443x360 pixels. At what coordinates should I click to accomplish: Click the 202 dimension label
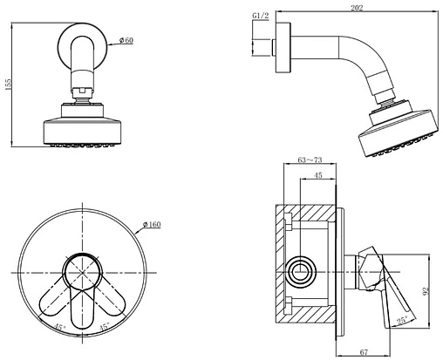pyautogui.click(x=357, y=8)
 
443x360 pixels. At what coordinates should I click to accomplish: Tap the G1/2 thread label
pyautogui.click(x=260, y=16)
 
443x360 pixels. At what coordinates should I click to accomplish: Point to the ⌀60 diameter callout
pyautogui.click(x=126, y=40)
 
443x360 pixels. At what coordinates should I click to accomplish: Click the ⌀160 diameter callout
pyautogui.click(x=152, y=225)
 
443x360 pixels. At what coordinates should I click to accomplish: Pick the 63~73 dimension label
pyautogui.click(x=310, y=160)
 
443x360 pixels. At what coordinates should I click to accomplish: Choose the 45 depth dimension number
pyautogui.click(x=318, y=175)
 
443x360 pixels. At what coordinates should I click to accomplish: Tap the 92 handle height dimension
pyautogui.click(x=426, y=290)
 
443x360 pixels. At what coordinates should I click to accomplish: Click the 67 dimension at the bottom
pyautogui.click(x=364, y=352)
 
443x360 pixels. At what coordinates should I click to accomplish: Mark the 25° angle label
pyautogui.click(x=402, y=321)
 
